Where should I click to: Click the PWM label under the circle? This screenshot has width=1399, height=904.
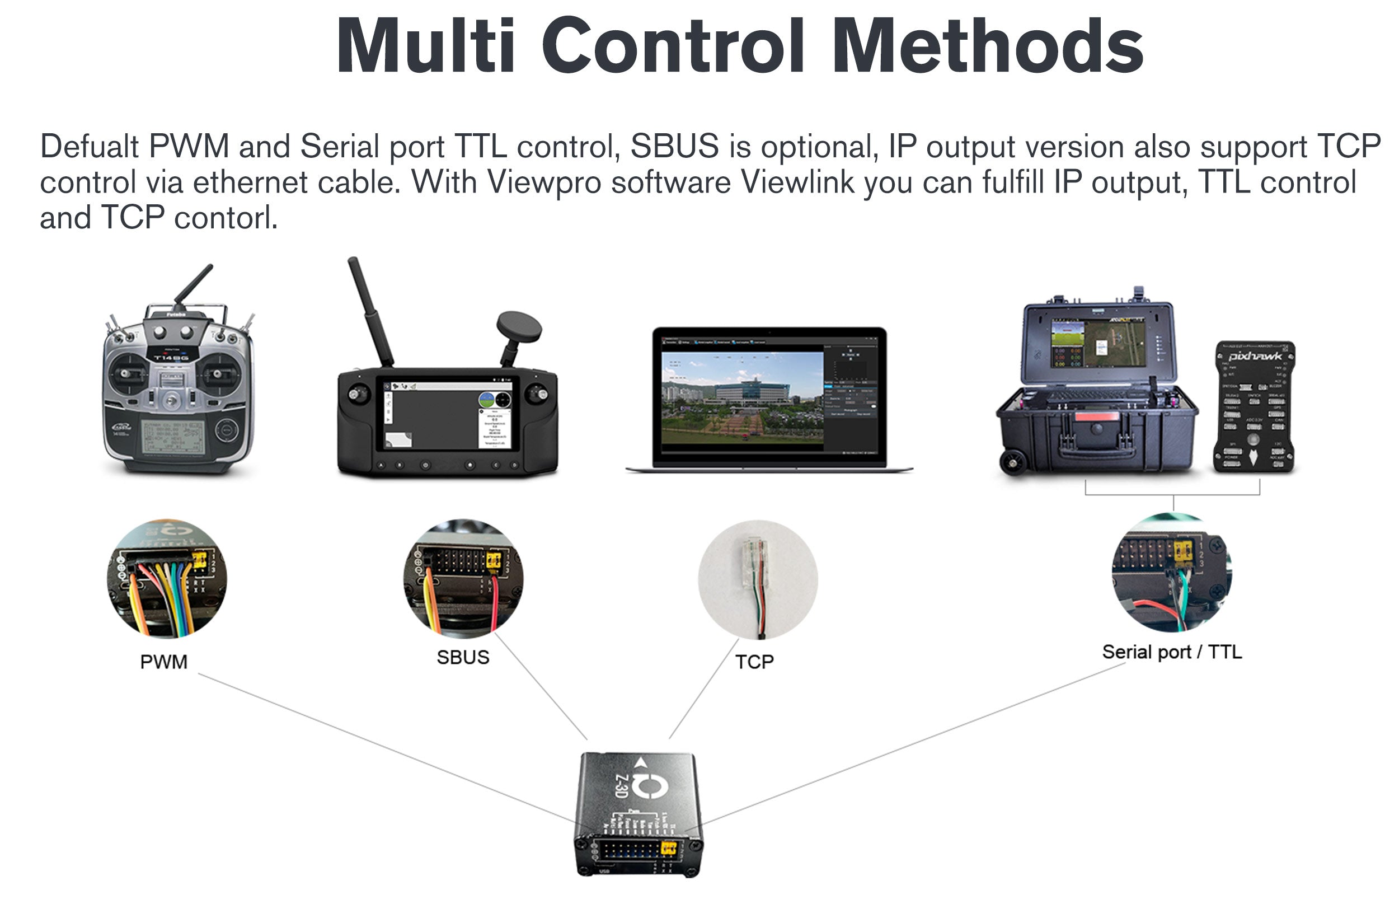[164, 662]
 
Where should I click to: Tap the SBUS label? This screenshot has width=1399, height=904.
[462, 657]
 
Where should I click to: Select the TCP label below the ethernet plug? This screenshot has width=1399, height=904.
[754, 662]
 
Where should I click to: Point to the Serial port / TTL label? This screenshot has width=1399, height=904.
[1171, 652]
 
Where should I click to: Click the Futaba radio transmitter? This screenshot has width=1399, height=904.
[179, 387]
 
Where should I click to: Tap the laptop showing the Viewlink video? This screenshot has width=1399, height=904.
[769, 399]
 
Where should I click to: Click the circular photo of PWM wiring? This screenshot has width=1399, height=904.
[167, 579]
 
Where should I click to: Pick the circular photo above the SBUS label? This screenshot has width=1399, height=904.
[463, 579]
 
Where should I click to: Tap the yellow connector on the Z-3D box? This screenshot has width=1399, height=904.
[669, 848]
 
